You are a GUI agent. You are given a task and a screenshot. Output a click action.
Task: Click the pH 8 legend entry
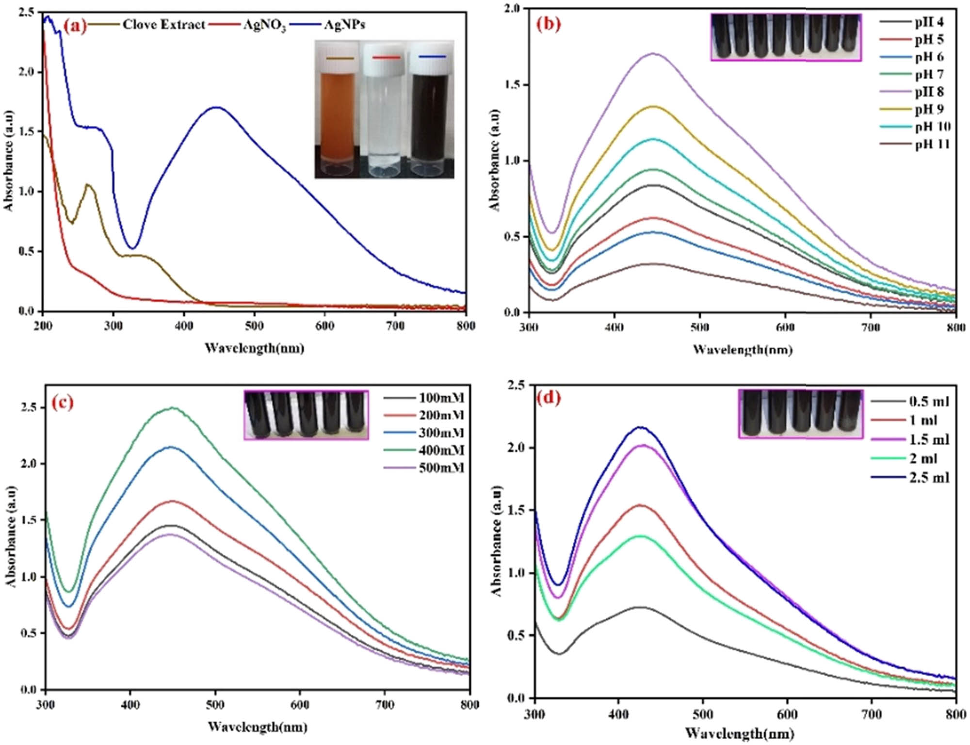tap(929, 92)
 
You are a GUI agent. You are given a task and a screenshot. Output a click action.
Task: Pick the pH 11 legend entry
tap(932, 144)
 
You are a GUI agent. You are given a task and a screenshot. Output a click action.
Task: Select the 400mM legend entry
tap(441, 451)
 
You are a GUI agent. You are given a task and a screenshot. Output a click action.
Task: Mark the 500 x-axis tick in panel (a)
tap(254, 326)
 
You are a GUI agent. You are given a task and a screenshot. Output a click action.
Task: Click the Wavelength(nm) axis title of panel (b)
tap(743, 350)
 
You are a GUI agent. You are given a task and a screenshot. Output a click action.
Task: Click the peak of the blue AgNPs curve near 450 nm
tap(216, 107)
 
